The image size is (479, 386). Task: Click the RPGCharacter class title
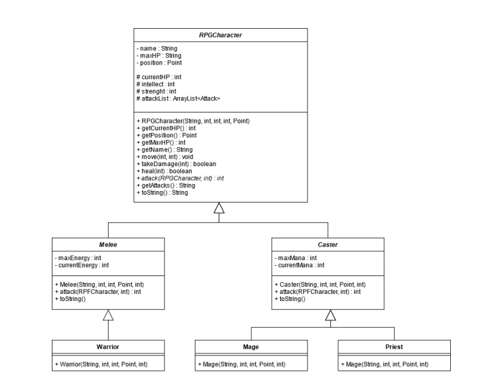click(x=220, y=35)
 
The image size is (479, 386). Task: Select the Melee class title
click(x=108, y=245)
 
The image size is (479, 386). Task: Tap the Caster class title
click(x=328, y=245)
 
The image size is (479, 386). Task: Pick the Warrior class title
click(x=108, y=346)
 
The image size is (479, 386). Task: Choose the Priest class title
click(x=394, y=346)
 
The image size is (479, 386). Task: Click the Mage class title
click(x=251, y=346)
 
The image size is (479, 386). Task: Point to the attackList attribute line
click(x=178, y=98)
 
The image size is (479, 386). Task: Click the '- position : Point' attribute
click(x=159, y=63)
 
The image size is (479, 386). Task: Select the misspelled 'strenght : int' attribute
click(x=157, y=91)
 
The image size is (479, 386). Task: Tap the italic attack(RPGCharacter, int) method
click(x=180, y=178)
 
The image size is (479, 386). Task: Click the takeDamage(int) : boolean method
click(x=177, y=164)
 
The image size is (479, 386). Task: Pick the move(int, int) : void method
click(x=164, y=157)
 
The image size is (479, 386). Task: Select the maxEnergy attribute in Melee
click(x=78, y=258)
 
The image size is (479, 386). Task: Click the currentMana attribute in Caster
click(x=299, y=265)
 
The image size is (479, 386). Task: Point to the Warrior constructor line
click(x=101, y=364)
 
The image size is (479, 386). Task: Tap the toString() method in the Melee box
click(x=70, y=298)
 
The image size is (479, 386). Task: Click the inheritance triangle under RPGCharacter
click(x=219, y=208)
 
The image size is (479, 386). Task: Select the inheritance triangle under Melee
click(x=108, y=315)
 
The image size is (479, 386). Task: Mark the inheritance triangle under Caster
click(x=331, y=315)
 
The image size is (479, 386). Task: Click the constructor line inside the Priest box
click(x=385, y=364)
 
